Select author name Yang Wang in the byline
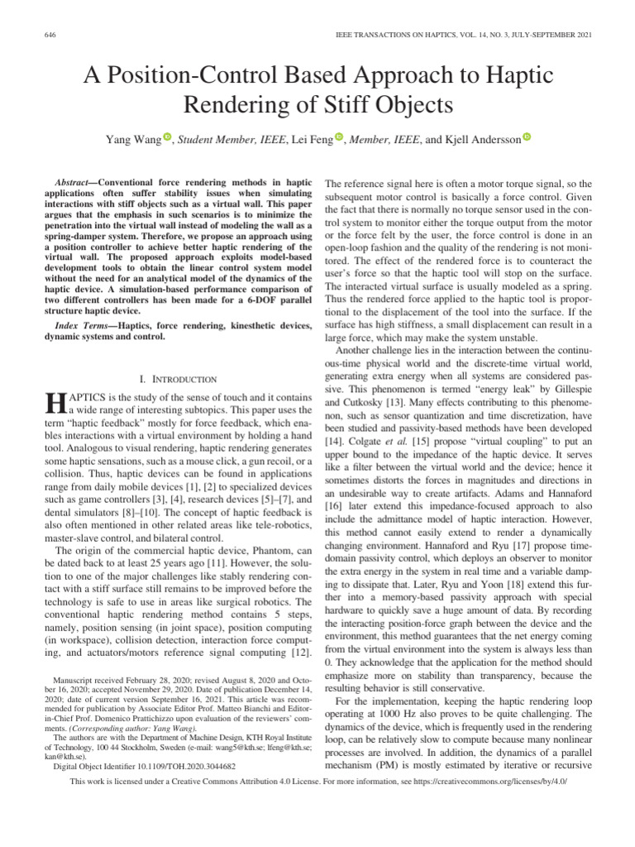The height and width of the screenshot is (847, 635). tap(131, 140)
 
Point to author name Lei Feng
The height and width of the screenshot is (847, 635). tap(311, 140)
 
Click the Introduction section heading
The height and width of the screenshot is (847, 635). tap(178, 379)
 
